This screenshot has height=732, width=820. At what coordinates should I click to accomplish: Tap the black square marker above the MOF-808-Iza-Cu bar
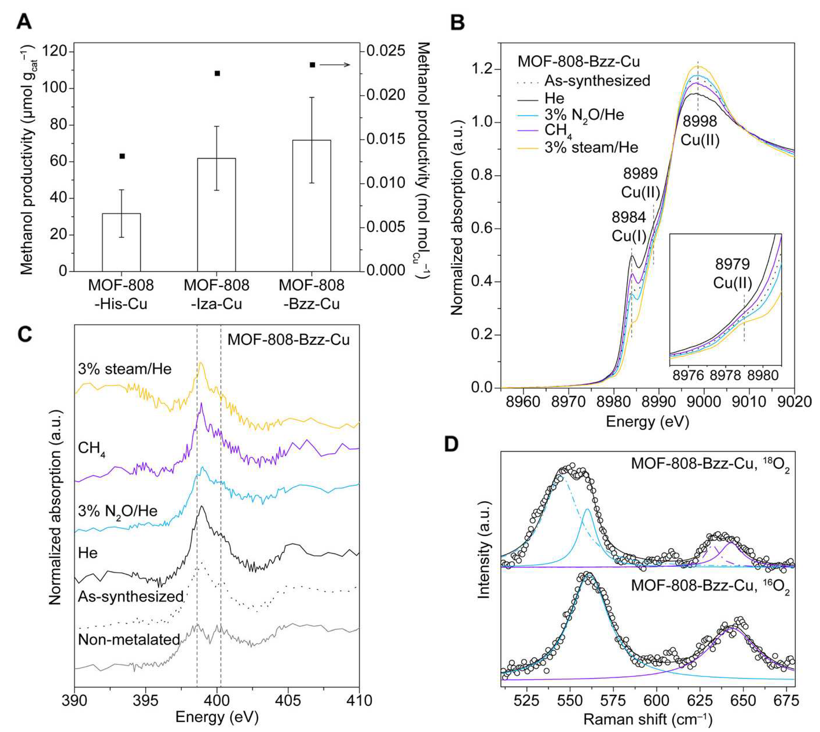(x=217, y=73)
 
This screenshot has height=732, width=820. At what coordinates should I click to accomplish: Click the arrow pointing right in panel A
(x=335, y=65)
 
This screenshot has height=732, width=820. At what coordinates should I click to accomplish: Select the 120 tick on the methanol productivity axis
(x=57, y=51)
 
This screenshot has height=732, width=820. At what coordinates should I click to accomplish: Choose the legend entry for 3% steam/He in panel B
(x=591, y=147)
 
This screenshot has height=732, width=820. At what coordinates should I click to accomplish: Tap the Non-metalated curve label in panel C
(x=129, y=639)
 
